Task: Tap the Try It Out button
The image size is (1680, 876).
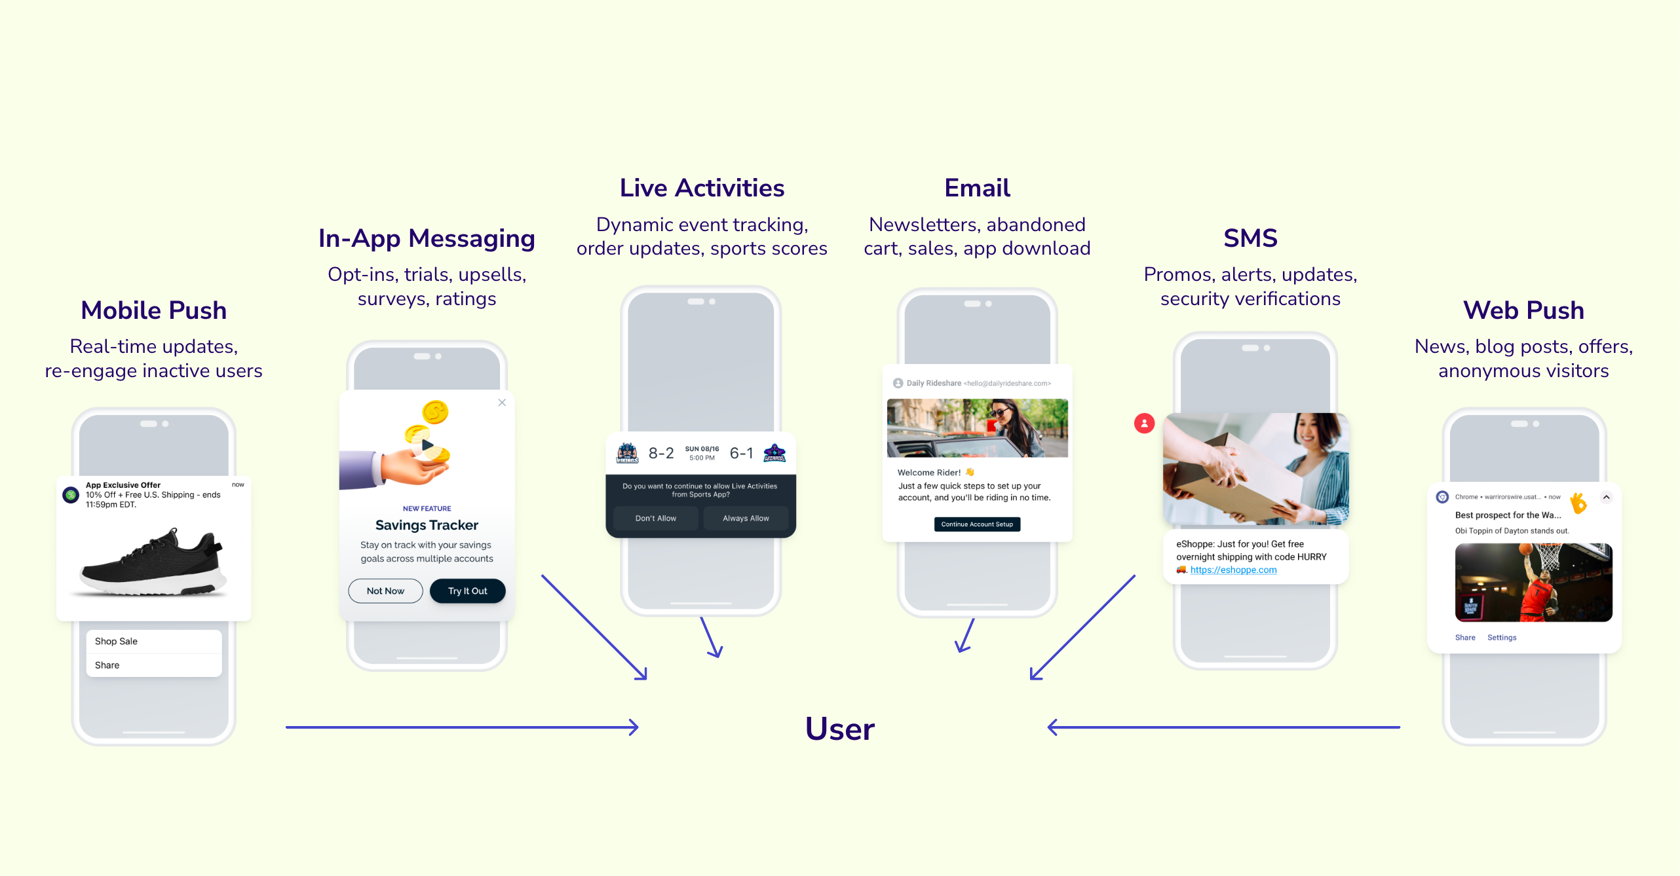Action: pyautogui.click(x=467, y=591)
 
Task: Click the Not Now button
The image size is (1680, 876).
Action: pyautogui.click(x=385, y=591)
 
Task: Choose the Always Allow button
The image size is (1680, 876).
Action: pyautogui.click(x=746, y=518)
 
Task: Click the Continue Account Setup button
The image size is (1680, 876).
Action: pyautogui.click(x=976, y=524)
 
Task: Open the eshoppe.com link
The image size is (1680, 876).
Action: pyautogui.click(x=1233, y=570)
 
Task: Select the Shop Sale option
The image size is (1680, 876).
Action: pyautogui.click(x=154, y=641)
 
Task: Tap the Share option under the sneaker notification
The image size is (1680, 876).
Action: pyautogui.click(x=154, y=665)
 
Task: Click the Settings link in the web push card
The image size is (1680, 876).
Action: pyautogui.click(x=1501, y=637)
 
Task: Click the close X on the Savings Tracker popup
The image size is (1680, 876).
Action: pyautogui.click(x=502, y=403)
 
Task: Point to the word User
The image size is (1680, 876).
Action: pyautogui.click(x=839, y=729)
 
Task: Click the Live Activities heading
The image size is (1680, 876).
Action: pyautogui.click(x=702, y=188)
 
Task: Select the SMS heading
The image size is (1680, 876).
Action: pyautogui.click(x=1250, y=238)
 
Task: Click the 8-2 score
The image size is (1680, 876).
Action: pyautogui.click(x=660, y=453)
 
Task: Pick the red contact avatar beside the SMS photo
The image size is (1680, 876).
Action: pyautogui.click(x=1144, y=423)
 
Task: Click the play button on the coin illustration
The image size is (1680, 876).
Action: pyautogui.click(x=427, y=445)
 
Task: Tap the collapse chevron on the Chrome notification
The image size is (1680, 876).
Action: pyautogui.click(x=1606, y=497)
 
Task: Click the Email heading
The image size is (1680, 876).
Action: pyautogui.click(x=976, y=188)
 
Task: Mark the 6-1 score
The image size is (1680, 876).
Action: pyautogui.click(x=741, y=453)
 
